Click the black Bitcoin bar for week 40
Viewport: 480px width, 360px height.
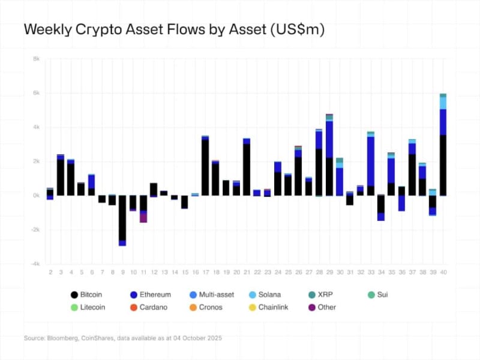443,165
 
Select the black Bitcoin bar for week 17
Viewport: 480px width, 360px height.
205,167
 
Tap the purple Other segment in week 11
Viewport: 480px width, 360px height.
143,217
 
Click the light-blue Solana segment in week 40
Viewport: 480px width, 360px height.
443,103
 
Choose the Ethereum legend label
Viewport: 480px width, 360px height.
155,295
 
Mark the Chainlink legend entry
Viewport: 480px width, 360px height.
274,307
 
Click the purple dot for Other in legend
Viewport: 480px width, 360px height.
312,307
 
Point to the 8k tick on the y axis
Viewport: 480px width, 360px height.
36,59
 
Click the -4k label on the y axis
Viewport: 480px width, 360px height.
35,264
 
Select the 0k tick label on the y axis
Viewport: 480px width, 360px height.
36,196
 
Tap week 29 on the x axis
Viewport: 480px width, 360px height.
329,273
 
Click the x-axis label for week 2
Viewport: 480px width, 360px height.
50,273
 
